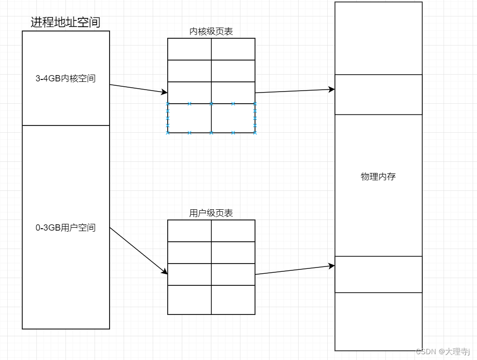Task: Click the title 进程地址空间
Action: (65, 22)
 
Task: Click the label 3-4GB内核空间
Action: (65, 78)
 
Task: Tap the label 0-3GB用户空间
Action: (65, 228)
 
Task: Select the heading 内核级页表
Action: (211, 31)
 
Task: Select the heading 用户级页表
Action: (211, 213)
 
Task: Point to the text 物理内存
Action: (378, 177)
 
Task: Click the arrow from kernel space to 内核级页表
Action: (138, 88)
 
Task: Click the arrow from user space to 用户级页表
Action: (138, 250)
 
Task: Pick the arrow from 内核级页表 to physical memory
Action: (295, 91)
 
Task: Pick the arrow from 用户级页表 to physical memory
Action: (295, 270)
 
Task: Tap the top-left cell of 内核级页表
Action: (190, 49)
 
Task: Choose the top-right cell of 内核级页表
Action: (233, 49)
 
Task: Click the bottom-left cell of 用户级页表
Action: (190, 300)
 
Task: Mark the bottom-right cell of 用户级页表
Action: (233, 300)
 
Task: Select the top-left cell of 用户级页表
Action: (190, 231)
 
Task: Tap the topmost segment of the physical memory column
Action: (378, 38)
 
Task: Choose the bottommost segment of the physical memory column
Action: (378, 321)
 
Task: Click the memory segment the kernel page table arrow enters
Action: (378, 94)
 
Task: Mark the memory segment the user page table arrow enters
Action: (378, 274)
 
